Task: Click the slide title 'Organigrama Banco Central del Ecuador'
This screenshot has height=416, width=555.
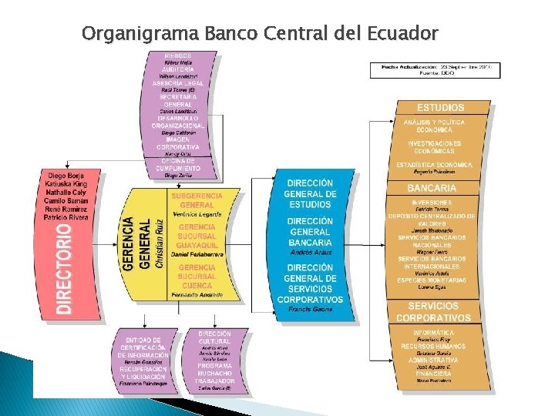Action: [x=259, y=34]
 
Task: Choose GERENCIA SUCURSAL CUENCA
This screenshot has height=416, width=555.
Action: [x=197, y=277]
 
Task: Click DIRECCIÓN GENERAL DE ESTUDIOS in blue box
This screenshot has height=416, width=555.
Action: [x=311, y=193]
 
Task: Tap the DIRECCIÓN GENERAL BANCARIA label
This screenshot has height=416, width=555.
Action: [x=311, y=232]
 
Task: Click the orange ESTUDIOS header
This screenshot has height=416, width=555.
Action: [x=441, y=108]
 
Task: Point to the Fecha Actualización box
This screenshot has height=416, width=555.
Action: [x=435, y=70]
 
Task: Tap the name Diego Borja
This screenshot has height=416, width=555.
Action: [x=64, y=176]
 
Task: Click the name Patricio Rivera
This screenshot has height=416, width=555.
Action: [x=66, y=217]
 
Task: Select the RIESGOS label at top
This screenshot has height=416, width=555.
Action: [x=179, y=55]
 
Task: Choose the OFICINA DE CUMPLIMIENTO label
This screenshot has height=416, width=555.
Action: [x=179, y=164]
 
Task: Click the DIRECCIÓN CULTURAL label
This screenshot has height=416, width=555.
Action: [x=214, y=338]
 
